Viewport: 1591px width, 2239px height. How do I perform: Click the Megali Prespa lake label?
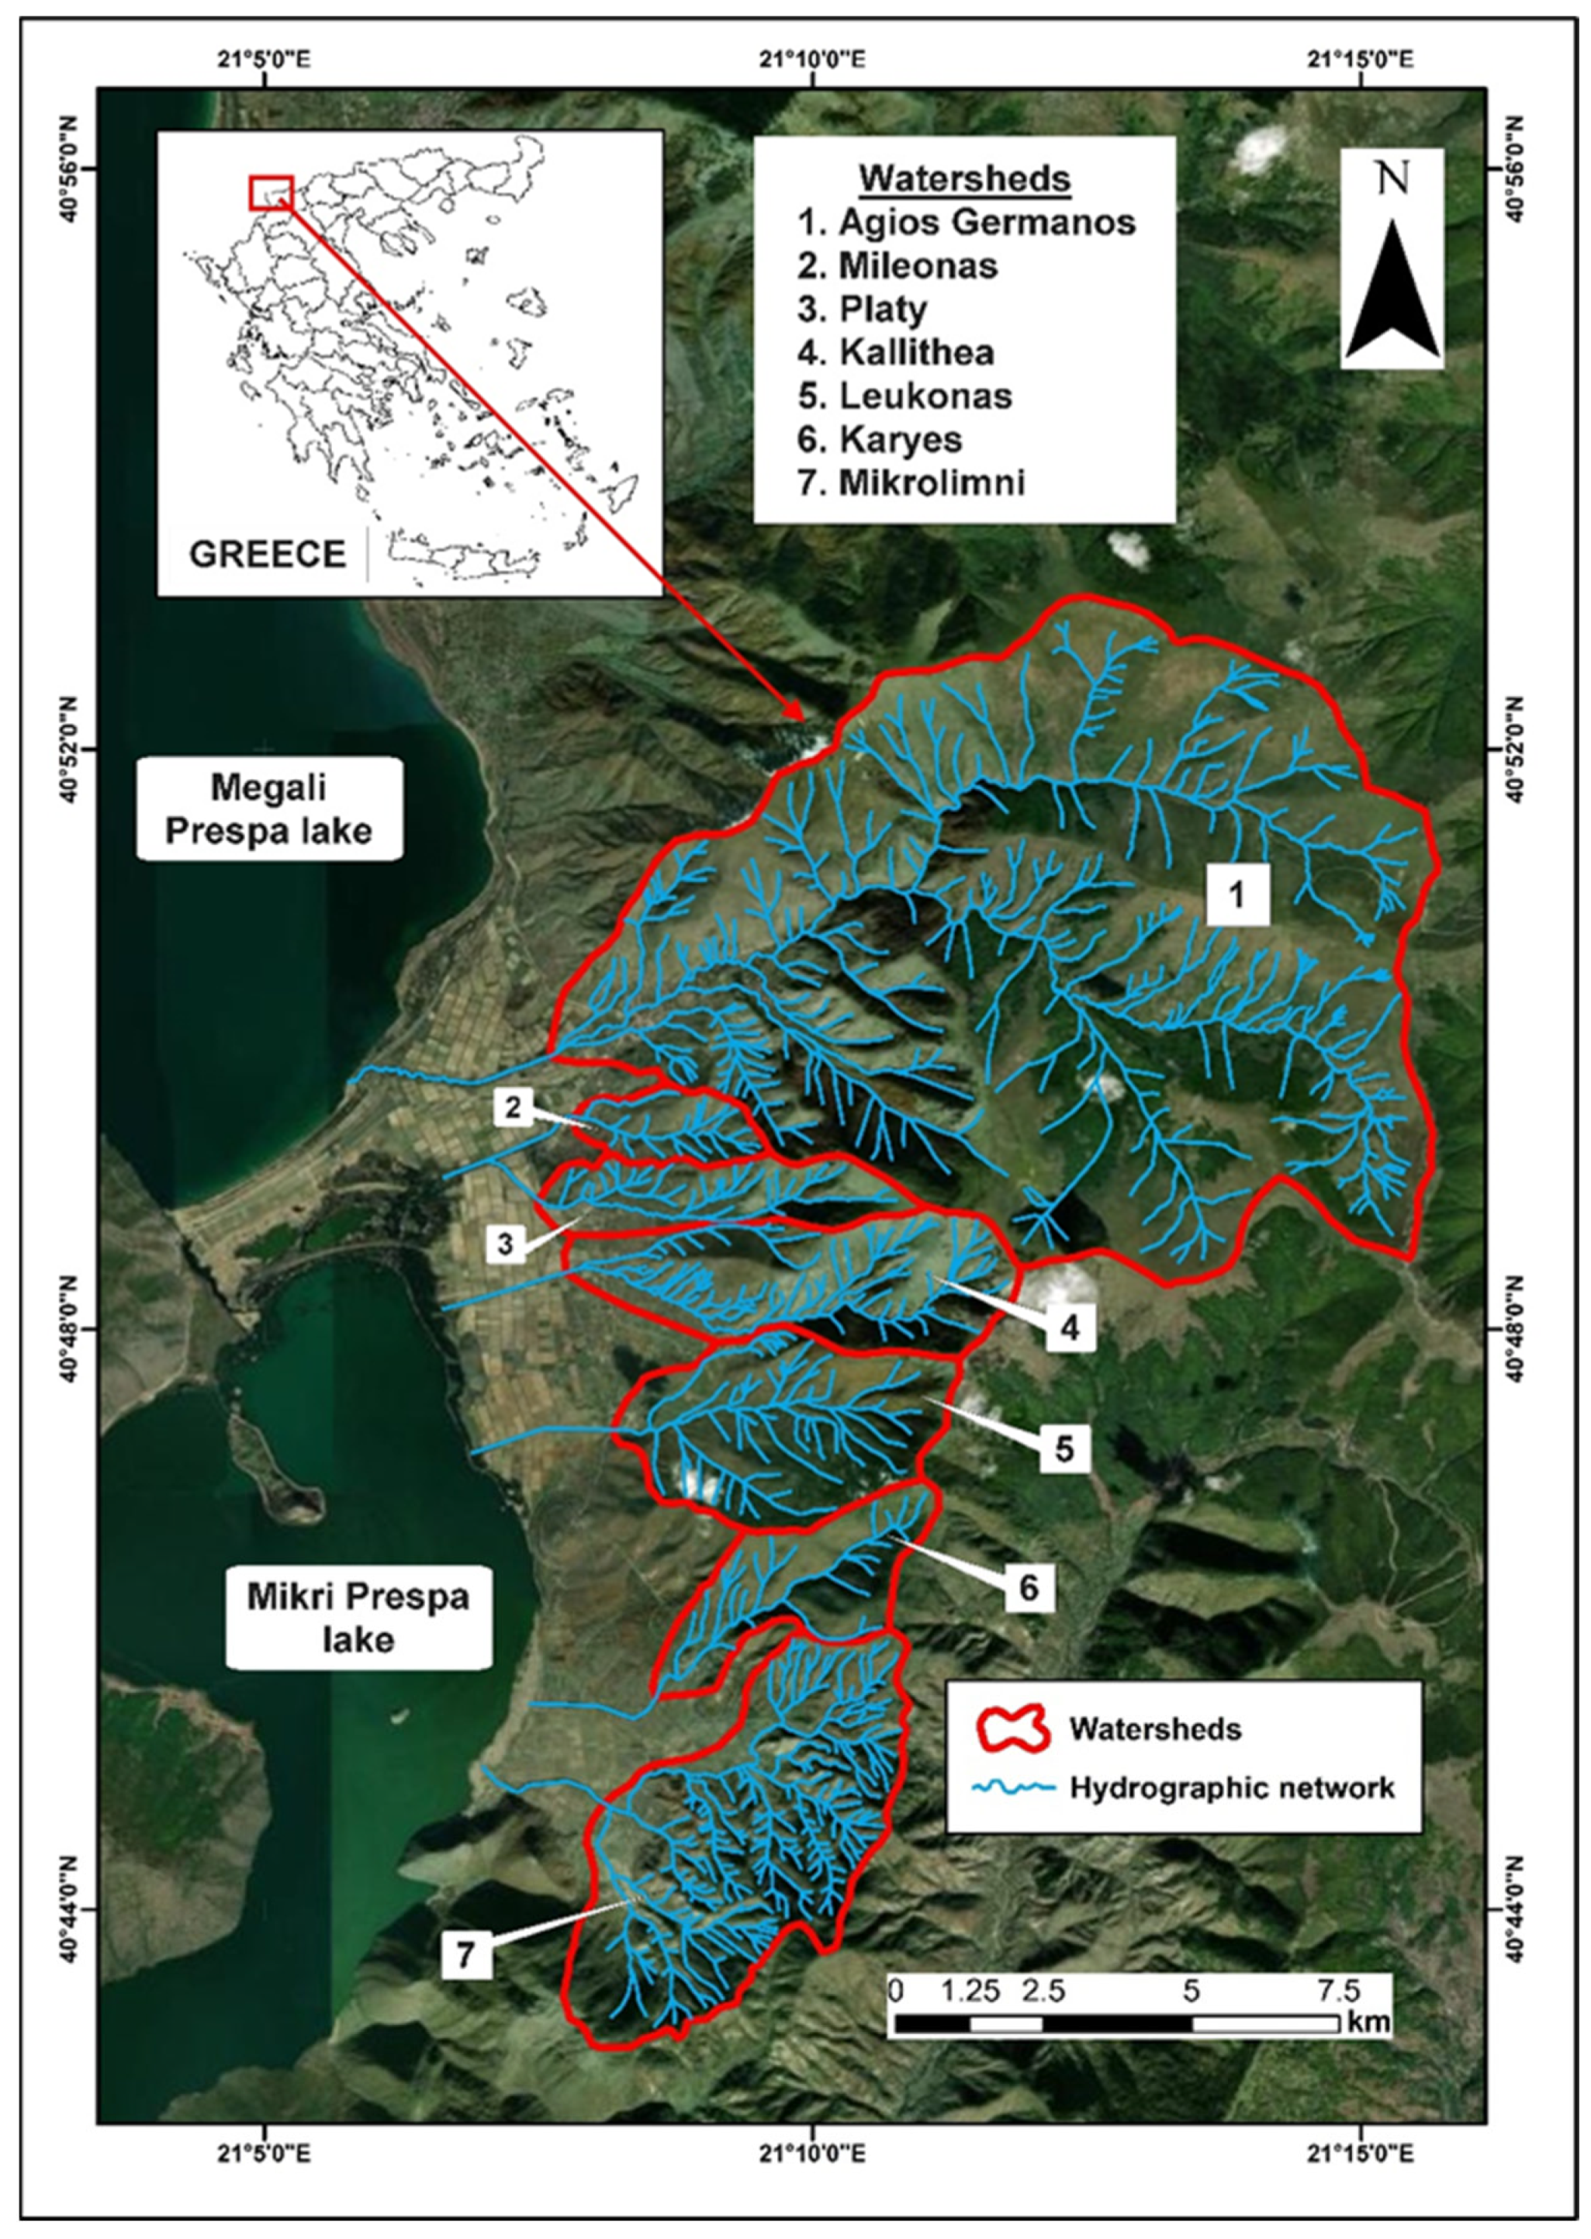(x=268, y=808)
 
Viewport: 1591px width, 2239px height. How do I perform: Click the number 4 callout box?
(x=1069, y=1327)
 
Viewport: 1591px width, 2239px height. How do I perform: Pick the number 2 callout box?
(x=513, y=1107)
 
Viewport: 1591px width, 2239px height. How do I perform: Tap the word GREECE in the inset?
(x=268, y=555)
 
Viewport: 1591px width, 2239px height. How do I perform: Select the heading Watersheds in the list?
(x=964, y=179)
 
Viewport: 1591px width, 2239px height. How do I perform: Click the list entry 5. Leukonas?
(x=904, y=396)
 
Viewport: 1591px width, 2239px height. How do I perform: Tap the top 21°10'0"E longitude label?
(x=812, y=60)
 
